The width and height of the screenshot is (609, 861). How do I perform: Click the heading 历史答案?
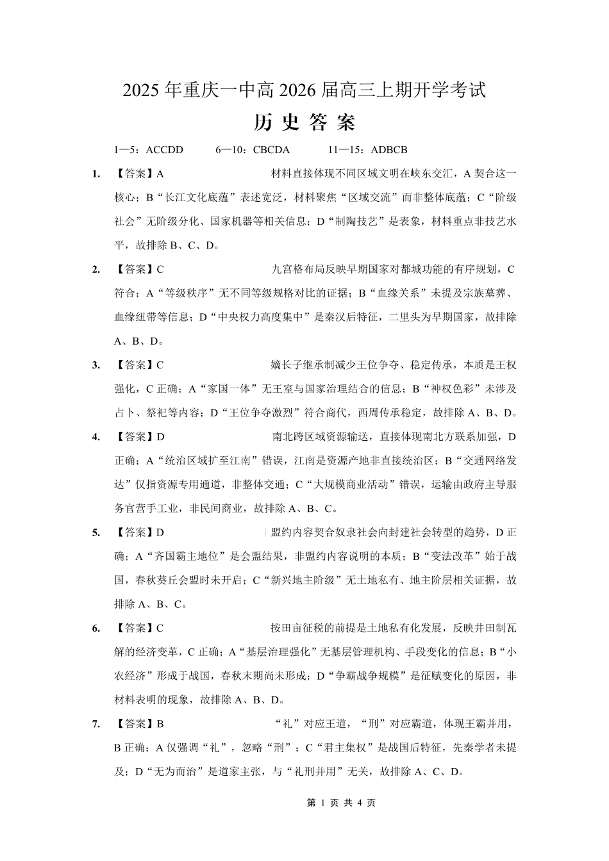pos(304,122)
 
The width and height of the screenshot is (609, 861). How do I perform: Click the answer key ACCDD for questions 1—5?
pos(165,150)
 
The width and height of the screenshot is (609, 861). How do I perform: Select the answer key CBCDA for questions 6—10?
pos(271,150)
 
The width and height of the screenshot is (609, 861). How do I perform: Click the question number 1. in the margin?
pos(96,174)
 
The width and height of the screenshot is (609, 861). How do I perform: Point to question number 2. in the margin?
pos(96,270)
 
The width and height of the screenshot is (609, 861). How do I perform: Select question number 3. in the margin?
pos(96,365)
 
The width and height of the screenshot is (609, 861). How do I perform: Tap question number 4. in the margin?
pos(96,437)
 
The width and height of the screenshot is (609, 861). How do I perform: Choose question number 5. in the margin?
pos(96,532)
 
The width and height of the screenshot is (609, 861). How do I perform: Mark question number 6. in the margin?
pos(96,628)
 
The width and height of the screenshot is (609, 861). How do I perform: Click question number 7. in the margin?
pos(96,724)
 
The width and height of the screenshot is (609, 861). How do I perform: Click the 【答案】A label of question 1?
pos(139,174)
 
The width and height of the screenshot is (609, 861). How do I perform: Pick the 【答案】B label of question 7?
pos(139,724)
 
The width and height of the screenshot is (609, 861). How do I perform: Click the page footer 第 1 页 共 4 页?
pos(341,803)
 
